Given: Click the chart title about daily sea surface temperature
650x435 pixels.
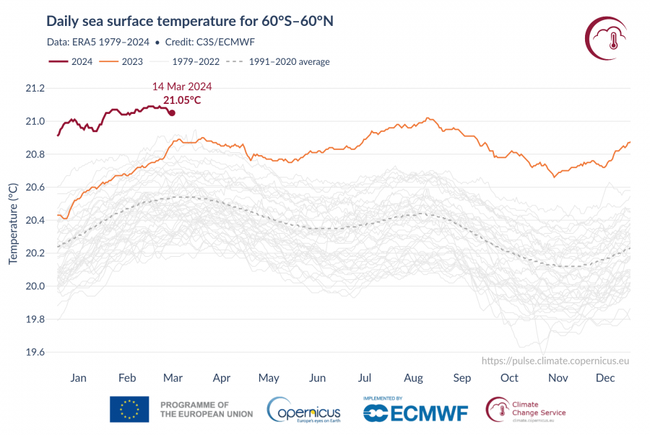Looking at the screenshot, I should [x=189, y=20].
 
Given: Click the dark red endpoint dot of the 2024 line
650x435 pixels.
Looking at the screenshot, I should [x=171, y=113].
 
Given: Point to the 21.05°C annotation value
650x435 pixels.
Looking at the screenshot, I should [x=182, y=100].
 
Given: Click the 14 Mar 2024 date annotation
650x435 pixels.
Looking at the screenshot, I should [x=181, y=87].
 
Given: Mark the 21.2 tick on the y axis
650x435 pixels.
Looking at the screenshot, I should [x=34, y=88].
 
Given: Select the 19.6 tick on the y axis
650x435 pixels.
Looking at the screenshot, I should [x=34, y=352].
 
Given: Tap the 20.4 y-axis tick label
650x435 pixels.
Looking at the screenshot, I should [x=34, y=220].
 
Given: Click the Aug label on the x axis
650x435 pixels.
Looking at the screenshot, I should [x=413, y=378].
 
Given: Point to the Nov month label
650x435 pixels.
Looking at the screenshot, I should [x=557, y=378].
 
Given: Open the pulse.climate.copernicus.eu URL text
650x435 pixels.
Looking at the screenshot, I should [x=555, y=360].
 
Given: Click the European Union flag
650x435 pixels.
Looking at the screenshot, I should [x=129, y=409].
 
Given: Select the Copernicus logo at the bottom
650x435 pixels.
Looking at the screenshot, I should [x=304, y=410].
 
